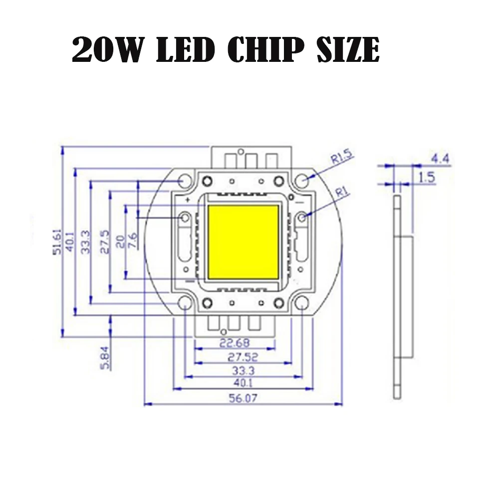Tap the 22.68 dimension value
pyautogui.click(x=235, y=343)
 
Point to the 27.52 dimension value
pyautogui.click(x=235, y=357)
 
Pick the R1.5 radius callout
pyautogui.click(x=341, y=159)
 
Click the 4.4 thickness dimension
pyautogui.click(x=440, y=159)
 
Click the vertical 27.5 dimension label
pyautogui.click(x=105, y=242)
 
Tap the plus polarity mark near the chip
pyautogui.click(x=188, y=200)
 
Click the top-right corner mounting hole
pyautogui.click(x=301, y=181)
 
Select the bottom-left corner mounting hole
pyautogui.click(x=184, y=302)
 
